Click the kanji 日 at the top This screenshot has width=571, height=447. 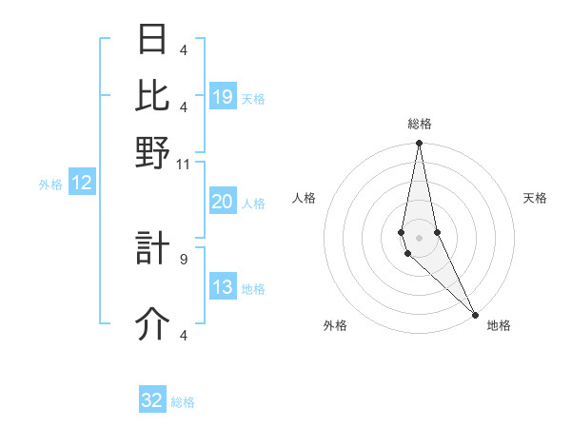[x=152, y=39]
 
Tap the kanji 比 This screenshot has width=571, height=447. [x=152, y=95]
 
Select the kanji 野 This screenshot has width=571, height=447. [x=152, y=152]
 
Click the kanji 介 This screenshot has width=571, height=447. [x=152, y=324]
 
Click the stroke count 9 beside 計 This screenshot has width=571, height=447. [x=184, y=258]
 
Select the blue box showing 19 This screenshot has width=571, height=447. [x=223, y=97]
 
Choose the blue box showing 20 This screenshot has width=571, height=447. [x=222, y=202]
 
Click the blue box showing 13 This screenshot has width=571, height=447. [x=222, y=288]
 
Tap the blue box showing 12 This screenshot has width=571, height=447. [x=82, y=184]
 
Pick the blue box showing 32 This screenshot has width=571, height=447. [x=152, y=400]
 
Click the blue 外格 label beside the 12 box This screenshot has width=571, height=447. [x=50, y=185]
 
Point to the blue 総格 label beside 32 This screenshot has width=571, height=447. [x=184, y=402]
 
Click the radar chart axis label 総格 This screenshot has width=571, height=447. [x=420, y=124]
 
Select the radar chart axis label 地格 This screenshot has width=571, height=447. [x=499, y=325]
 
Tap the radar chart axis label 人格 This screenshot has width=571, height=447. [x=304, y=198]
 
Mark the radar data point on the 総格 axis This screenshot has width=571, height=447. [x=419, y=144]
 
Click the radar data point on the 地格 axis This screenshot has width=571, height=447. [x=474, y=313]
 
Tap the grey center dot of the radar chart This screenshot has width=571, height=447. [x=419, y=238]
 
